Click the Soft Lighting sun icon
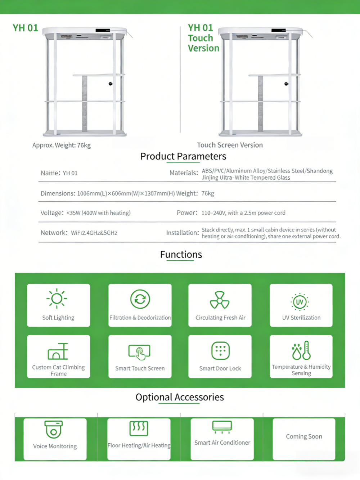[57, 299]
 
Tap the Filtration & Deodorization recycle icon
[140, 299]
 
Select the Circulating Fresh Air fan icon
[220, 300]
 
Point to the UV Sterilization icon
[300, 302]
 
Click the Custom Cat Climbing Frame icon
[58, 351]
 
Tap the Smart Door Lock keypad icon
[220, 350]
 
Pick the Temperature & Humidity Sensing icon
[301, 350]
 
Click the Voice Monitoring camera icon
[54, 429]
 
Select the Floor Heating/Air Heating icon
[139, 428]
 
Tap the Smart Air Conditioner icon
[222, 427]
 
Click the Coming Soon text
[304, 436]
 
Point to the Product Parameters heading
[183, 156]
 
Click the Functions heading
[181, 255]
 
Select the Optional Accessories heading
[180, 397]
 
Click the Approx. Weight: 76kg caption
[62, 145]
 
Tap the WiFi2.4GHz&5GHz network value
[94, 233]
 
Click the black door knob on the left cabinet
[111, 84]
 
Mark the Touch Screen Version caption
[230, 145]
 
